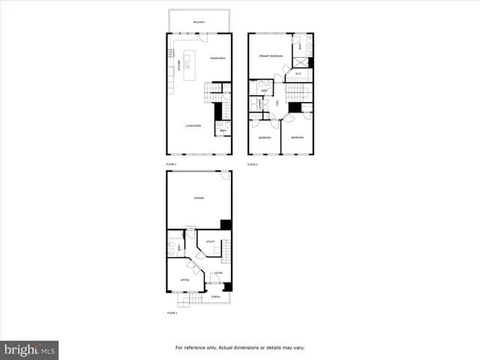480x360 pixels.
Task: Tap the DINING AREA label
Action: (x=218, y=58)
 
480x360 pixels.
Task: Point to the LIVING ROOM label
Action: (x=193, y=125)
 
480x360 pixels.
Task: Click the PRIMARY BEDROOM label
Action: (x=271, y=56)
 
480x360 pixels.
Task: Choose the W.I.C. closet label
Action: (x=298, y=73)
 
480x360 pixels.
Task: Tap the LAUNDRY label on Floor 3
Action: (x=259, y=106)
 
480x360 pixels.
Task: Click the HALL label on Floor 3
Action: (x=277, y=103)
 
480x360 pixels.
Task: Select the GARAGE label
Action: (x=199, y=198)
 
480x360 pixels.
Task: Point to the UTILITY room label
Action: (x=211, y=241)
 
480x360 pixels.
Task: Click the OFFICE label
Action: (x=184, y=280)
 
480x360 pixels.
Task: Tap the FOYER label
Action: (x=217, y=272)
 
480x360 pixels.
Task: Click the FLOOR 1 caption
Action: (x=172, y=313)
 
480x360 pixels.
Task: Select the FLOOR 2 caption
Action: (x=172, y=163)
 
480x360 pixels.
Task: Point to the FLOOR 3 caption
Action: (x=253, y=163)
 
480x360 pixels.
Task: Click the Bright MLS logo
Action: (x=30, y=349)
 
